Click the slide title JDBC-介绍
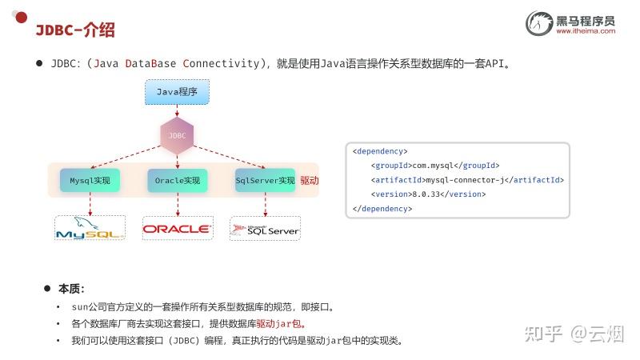pyautogui.click(x=75, y=30)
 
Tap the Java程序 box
pyautogui.click(x=177, y=92)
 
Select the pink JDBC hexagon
pyautogui.click(x=177, y=135)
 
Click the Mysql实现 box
pyautogui.click(x=90, y=181)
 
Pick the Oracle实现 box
pyautogui.click(x=178, y=181)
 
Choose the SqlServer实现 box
pyautogui.click(x=265, y=181)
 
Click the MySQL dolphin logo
pyautogui.click(x=90, y=229)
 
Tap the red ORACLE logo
pyautogui.click(x=178, y=230)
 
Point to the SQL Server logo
pyautogui.click(x=265, y=230)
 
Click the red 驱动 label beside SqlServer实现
pyautogui.click(x=310, y=181)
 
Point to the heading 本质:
pyautogui.click(x=71, y=289)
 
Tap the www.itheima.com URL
pyautogui.click(x=586, y=31)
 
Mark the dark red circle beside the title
pyautogui.click(x=22, y=17)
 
